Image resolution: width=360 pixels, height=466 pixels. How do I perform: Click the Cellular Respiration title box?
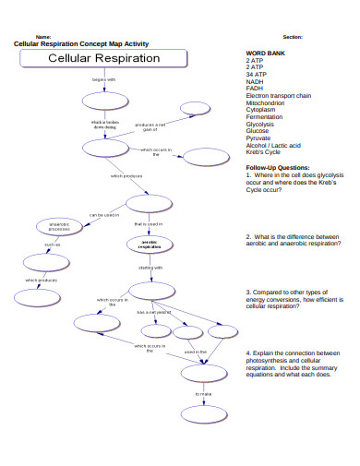point(103,58)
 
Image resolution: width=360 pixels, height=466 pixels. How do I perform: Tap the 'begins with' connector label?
point(104,80)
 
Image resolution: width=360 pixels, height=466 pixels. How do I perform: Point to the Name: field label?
point(43,36)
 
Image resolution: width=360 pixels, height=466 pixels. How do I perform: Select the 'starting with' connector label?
point(150,268)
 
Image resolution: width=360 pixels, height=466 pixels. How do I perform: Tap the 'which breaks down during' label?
point(104,125)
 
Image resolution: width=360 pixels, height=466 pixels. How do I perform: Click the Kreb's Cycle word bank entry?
point(269,152)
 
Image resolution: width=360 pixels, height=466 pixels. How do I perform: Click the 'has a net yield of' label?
point(153,312)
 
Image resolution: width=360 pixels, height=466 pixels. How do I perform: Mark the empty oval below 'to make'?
point(204,414)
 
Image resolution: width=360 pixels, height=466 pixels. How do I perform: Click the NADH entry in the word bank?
point(256,81)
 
